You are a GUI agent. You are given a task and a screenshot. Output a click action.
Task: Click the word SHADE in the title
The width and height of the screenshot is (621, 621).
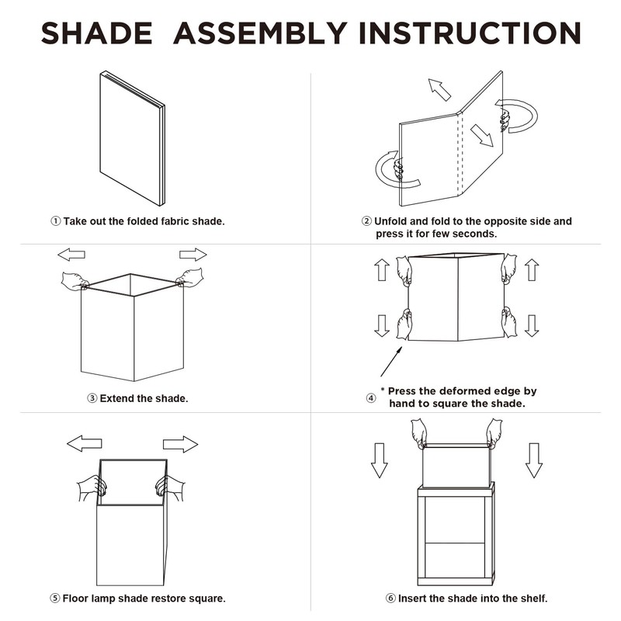tap(96, 33)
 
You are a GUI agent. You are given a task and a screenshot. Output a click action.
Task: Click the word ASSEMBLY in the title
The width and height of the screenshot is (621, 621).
tap(260, 33)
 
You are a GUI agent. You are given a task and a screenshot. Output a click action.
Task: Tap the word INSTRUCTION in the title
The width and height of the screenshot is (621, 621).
tap(470, 33)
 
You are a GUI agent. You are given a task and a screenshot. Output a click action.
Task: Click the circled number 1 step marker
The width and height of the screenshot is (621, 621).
tap(56, 221)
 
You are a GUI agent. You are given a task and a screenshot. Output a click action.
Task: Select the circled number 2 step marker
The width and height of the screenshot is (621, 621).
tap(366, 221)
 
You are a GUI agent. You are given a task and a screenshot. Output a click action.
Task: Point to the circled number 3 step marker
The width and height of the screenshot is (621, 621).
tap(92, 398)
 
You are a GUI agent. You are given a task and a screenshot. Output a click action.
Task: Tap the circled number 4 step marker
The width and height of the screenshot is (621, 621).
tap(371, 398)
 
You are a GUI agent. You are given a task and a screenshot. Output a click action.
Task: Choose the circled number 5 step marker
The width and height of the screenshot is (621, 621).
tap(55, 598)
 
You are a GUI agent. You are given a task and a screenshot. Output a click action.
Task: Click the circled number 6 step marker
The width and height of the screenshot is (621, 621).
tap(390, 598)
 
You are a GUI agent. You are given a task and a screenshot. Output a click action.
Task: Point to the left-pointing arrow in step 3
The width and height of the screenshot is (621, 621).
tap(71, 255)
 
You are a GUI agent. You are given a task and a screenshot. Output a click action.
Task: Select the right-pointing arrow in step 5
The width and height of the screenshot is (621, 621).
tap(181, 444)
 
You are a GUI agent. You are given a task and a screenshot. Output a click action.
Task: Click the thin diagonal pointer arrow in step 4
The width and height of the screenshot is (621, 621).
tap(391, 362)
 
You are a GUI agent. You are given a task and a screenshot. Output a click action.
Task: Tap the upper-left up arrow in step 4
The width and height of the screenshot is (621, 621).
tap(382, 269)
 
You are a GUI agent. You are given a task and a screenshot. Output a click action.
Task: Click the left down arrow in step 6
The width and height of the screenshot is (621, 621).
tap(380, 460)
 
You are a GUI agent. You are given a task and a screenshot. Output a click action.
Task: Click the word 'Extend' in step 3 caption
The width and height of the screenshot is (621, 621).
tap(117, 398)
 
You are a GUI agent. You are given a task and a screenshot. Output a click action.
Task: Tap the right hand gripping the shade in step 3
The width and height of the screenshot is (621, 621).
tap(189, 277)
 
